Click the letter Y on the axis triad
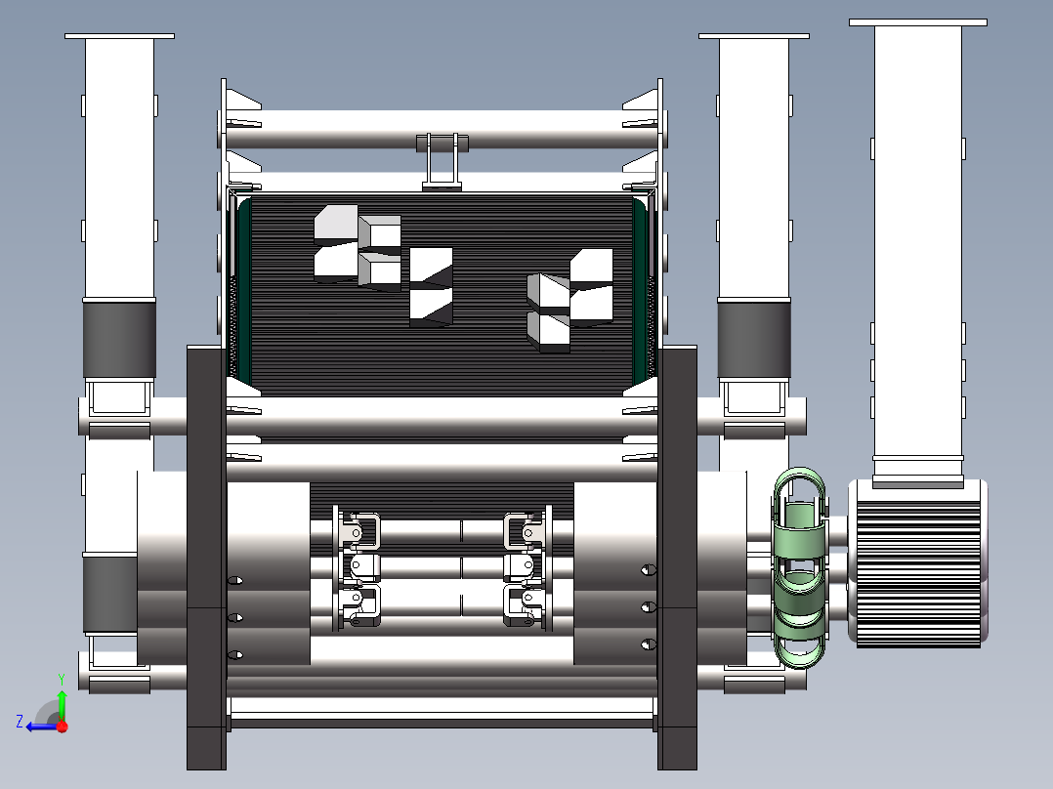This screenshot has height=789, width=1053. [61, 677]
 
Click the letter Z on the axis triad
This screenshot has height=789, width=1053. [20, 722]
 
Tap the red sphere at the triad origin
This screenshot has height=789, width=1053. [62, 727]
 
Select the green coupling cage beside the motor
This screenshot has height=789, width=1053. [799, 566]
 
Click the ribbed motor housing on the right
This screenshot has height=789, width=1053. [917, 563]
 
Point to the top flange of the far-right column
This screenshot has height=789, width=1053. [917, 21]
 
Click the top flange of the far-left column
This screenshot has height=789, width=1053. [119, 36]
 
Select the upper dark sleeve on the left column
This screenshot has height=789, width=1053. [119, 339]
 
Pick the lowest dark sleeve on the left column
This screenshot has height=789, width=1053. [109, 594]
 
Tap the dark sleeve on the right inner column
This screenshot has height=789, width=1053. [753, 339]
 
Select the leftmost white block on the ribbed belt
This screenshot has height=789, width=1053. [335, 244]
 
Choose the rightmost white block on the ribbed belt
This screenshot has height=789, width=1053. [591, 285]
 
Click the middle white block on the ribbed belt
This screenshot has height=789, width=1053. [431, 285]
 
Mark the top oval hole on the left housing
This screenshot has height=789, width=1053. [234, 581]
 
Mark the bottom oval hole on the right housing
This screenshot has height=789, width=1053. [647, 644]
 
